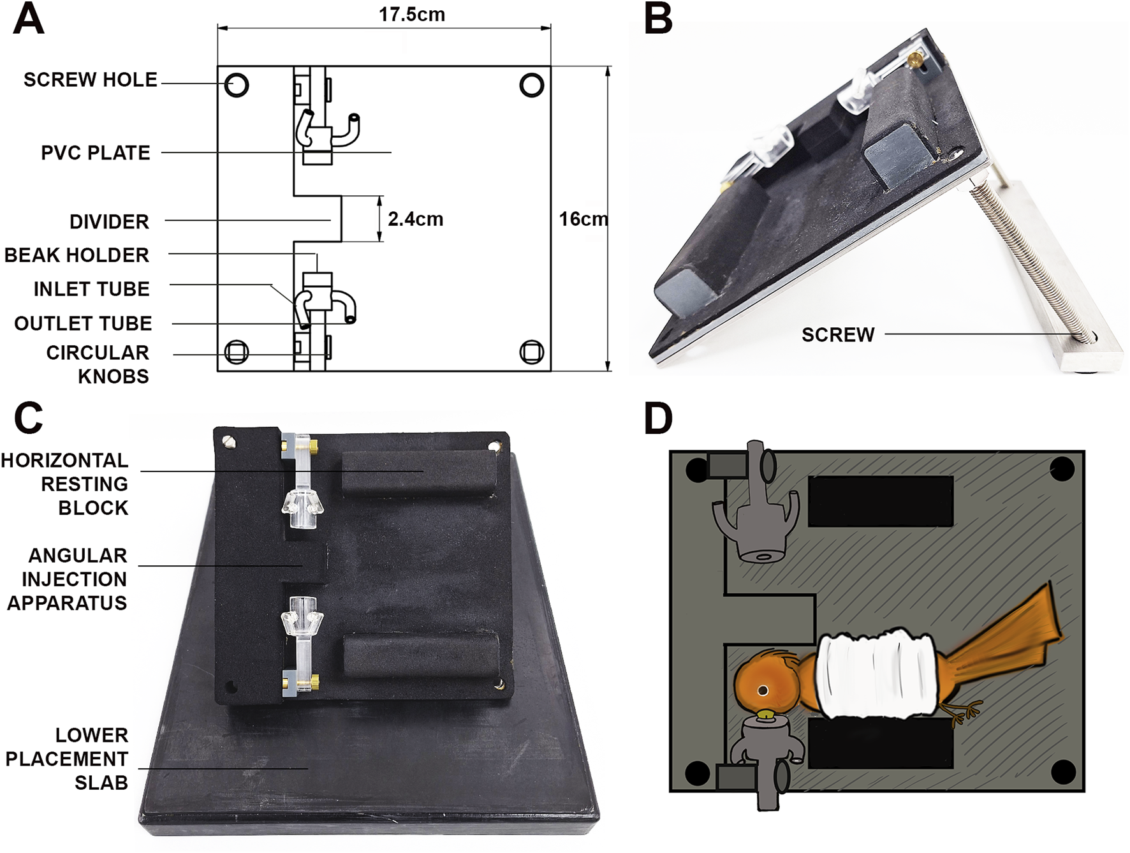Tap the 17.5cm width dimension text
pyautogui.click(x=411, y=15)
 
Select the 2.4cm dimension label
pyautogui.click(x=415, y=219)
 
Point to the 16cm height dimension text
pyautogui.click(x=583, y=219)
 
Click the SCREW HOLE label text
pyautogui.click(x=90, y=80)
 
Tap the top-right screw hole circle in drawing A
pyautogui.click(x=531, y=85)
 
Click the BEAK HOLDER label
pyautogui.click(x=77, y=255)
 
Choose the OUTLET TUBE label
pyautogui.click(x=83, y=323)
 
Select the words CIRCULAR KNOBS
pyautogui.click(x=97, y=364)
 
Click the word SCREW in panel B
pyautogui.click(x=837, y=335)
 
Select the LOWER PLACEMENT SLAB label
pyautogui.click(x=70, y=759)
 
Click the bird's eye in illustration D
pyautogui.click(x=762, y=690)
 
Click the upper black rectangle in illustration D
pyautogui.click(x=880, y=501)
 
